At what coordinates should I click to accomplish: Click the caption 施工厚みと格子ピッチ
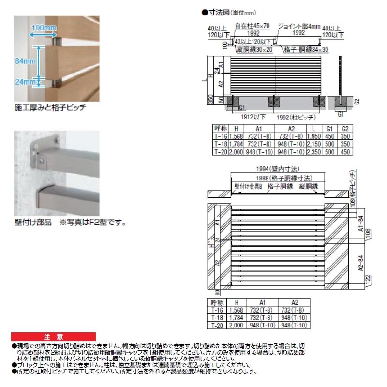[50, 107]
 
